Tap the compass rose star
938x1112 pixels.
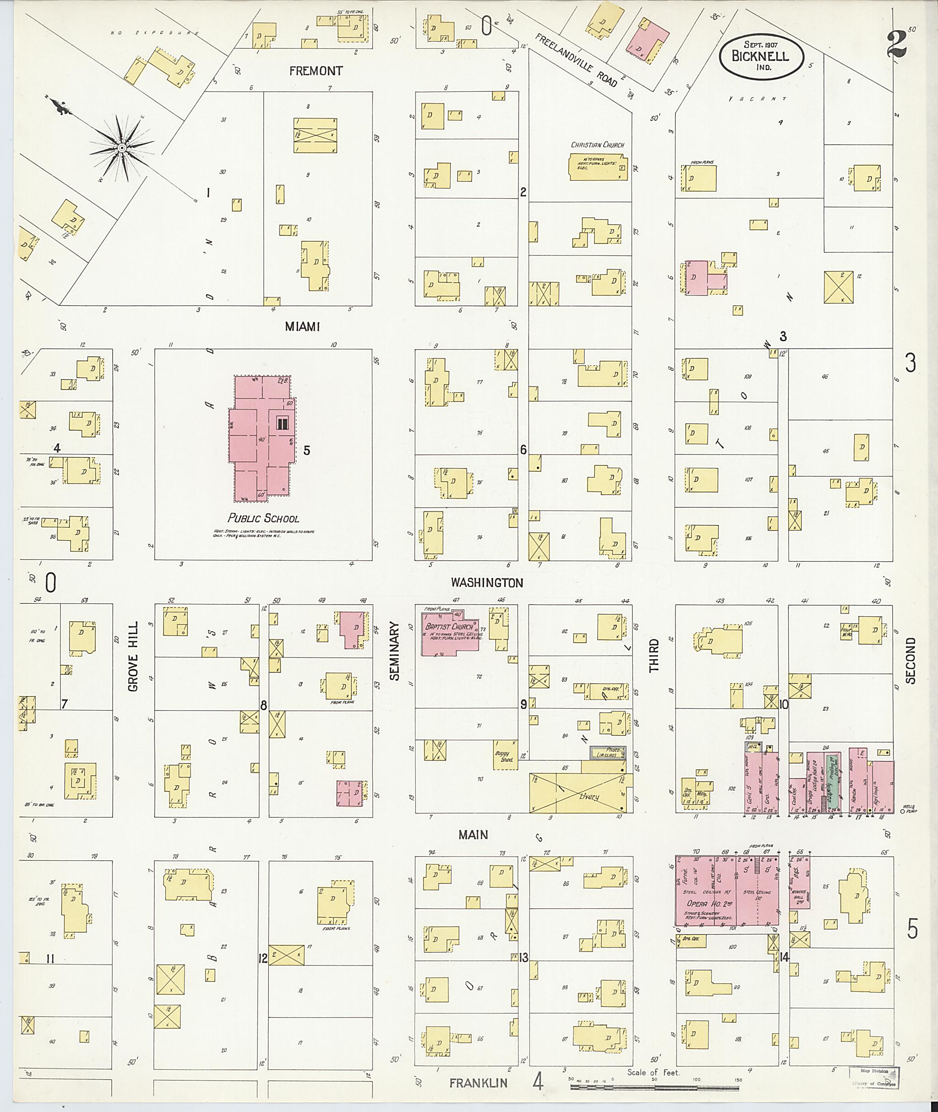click(x=122, y=147)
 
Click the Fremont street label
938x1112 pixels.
click(x=316, y=71)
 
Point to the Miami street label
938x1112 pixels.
click(x=303, y=326)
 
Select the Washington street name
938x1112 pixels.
click(x=486, y=583)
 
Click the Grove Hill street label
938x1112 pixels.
click(x=133, y=656)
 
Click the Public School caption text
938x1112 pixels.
click(x=263, y=518)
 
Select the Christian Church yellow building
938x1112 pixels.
click(x=598, y=168)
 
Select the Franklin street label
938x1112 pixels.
click(x=478, y=1083)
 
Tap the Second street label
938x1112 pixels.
click(x=911, y=661)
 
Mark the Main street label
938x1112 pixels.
click(x=473, y=835)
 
